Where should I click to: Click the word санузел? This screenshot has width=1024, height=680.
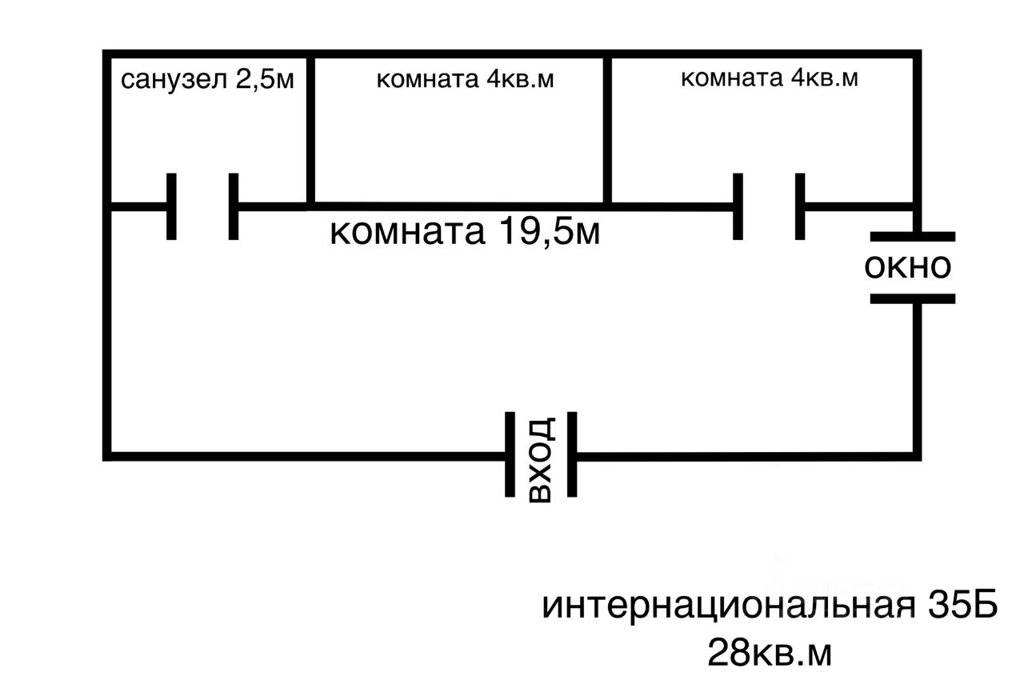168,81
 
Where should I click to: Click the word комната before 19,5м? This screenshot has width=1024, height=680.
407,232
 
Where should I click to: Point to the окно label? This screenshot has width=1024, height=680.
908,267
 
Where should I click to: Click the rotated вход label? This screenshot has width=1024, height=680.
541,459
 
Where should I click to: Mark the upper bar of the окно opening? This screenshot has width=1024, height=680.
912,237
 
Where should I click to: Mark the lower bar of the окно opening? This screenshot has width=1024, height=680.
912,298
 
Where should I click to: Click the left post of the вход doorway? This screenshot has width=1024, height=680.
510,454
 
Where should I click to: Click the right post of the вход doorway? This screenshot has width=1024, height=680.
572,454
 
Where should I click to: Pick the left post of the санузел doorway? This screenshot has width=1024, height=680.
171,206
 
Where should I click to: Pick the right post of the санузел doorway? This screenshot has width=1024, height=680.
233,206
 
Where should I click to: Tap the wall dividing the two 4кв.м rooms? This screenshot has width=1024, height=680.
608,128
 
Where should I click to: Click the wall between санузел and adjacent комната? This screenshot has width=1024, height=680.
308,128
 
